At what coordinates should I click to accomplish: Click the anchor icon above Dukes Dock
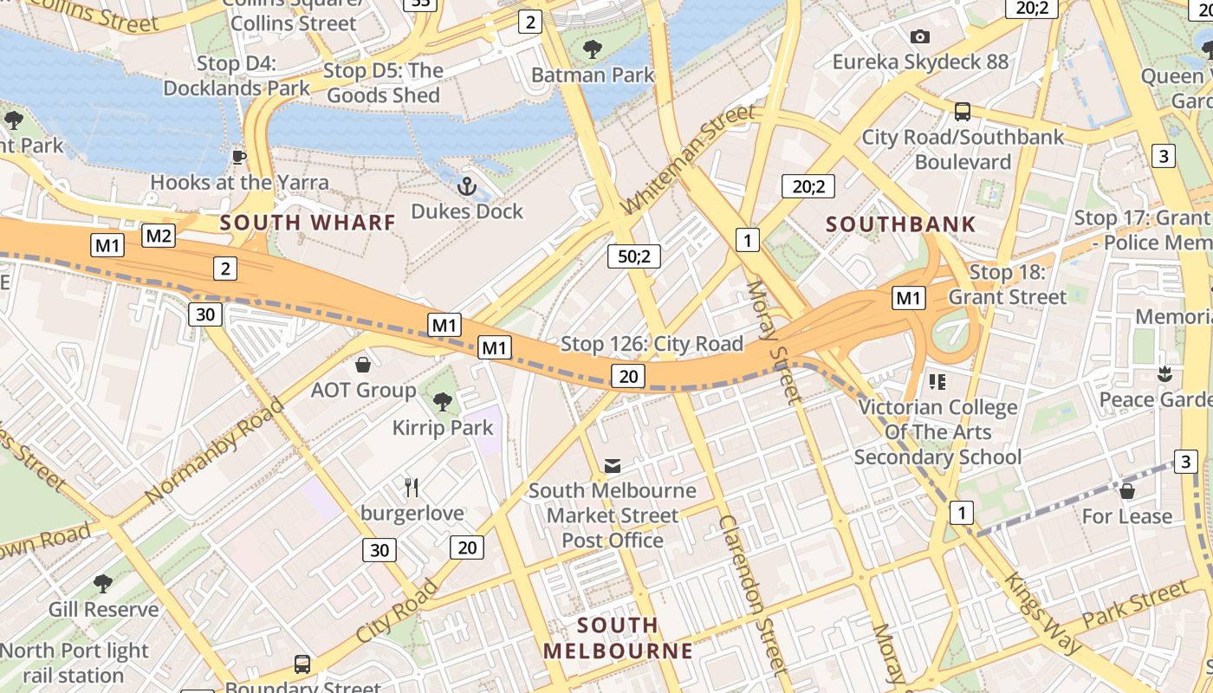467,186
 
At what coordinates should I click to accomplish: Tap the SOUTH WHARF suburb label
308,223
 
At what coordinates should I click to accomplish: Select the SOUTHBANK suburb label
901,224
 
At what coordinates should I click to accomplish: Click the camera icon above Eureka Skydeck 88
920,36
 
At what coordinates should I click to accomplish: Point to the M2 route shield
159,236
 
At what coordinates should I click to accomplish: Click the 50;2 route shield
634,256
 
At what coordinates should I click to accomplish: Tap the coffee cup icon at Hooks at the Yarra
239,157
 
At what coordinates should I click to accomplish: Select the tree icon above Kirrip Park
443,401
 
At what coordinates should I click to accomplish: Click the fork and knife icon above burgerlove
412,488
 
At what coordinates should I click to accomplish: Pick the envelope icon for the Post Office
613,466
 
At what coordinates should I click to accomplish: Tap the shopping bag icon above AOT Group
363,365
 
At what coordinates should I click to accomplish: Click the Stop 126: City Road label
652,344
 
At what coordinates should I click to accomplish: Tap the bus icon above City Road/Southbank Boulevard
963,112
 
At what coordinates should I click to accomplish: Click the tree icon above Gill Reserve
103,584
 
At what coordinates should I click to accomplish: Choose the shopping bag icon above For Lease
1127,491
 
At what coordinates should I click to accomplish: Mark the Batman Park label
593,75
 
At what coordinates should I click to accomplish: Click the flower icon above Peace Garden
1164,374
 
